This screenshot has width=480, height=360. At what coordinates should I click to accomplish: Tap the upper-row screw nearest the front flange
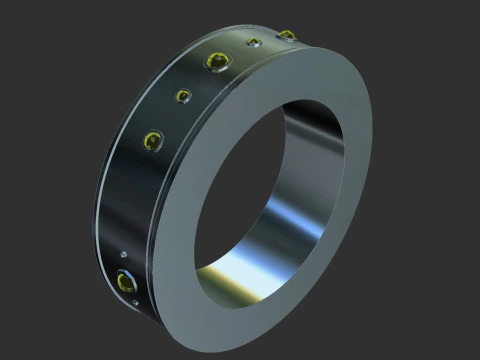pos(287,36)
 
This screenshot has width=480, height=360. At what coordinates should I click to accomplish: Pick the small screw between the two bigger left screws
pos(184,96)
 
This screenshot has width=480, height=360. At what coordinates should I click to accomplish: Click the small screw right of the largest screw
pos(254,43)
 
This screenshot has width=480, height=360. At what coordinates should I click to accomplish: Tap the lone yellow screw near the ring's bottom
pos(125,281)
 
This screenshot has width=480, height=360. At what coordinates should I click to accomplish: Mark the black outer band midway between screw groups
pos(125,200)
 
